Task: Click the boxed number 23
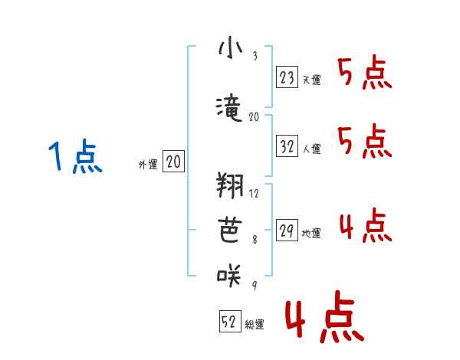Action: point(287,78)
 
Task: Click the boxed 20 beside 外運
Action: point(173,162)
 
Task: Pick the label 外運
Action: point(148,164)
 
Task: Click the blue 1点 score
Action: point(75,157)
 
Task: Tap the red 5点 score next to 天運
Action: point(365,74)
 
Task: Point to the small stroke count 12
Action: point(255,193)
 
